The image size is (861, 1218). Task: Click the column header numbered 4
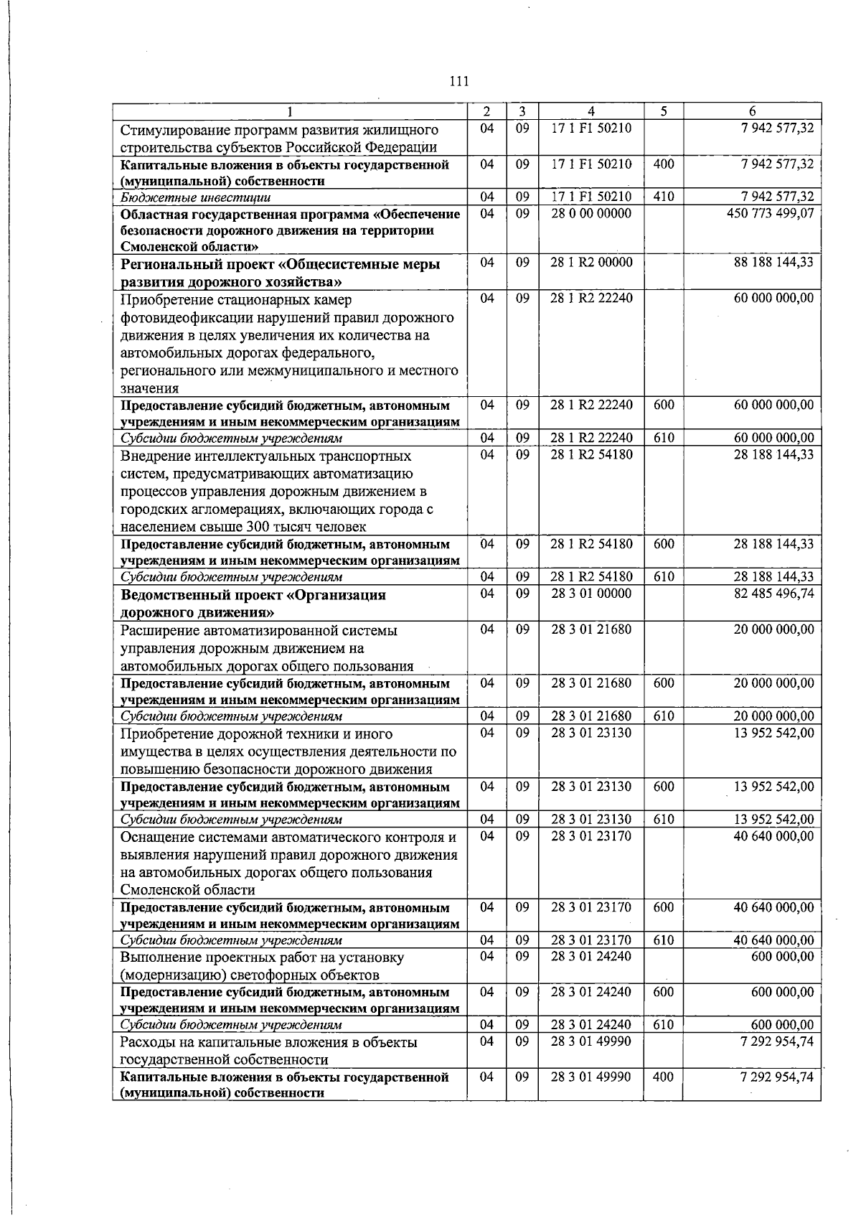tap(591, 111)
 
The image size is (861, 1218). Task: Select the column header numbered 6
tap(751, 111)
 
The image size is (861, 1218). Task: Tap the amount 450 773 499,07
tap(771, 213)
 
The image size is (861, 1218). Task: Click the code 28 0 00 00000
tap(591, 213)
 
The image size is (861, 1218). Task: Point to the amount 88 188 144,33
tap(773, 262)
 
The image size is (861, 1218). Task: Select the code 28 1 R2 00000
tap(591, 262)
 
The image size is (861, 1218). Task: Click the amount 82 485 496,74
tap(773, 594)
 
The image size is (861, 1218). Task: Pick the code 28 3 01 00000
tap(591, 594)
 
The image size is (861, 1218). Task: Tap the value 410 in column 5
tap(664, 196)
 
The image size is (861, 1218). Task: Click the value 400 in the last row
tap(664, 1077)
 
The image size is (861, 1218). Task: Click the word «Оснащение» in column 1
tap(157, 837)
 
